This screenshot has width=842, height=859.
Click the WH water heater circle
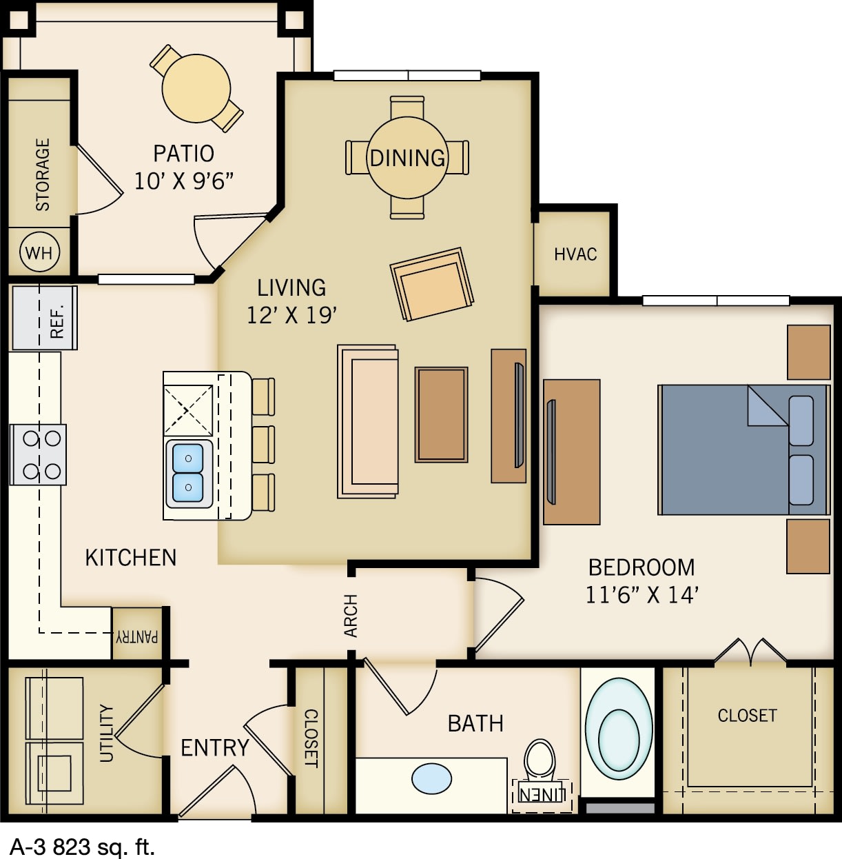(x=39, y=253)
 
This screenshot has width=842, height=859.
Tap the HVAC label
(x=575, y=254)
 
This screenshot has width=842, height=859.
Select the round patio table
(x=196, y=88)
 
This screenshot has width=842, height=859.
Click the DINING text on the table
(x=407, y=158)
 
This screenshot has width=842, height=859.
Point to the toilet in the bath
(x=540, y=760)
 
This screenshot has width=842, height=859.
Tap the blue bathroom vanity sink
(x=432, y=779)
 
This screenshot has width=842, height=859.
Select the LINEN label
(x=542, y=795)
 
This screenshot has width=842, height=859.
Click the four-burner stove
(x=39, y=455)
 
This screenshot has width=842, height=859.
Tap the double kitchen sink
(x=188, y=473)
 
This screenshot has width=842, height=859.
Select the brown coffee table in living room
(x=441, y=414)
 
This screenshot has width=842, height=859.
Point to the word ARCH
(x=351, y=616)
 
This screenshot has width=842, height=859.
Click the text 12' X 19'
(x=291, y=315)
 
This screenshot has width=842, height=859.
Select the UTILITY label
(x=106, y=733)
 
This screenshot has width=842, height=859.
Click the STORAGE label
(x=43, y=174)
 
